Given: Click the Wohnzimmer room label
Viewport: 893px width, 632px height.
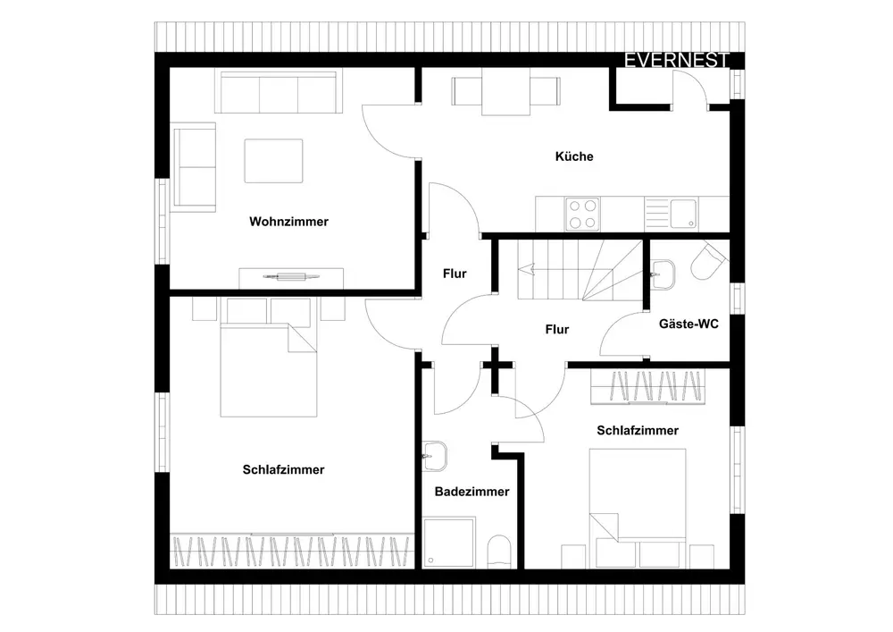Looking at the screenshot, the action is click(x=288, y=222).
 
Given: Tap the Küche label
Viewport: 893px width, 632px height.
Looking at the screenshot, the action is click(x=574, y=156).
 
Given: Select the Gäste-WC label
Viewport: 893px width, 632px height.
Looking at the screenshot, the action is click(x=688, y=324).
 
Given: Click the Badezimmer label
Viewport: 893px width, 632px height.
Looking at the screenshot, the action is click(x=472, y=492).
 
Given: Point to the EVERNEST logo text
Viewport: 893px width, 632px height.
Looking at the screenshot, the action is click(x=677, y=61).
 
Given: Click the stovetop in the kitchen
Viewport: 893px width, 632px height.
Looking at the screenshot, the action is click(x=582, y=214).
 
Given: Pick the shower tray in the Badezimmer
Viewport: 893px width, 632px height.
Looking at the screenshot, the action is click(x=451, y=544).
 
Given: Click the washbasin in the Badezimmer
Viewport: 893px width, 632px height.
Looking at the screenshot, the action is click(x=435, y=456).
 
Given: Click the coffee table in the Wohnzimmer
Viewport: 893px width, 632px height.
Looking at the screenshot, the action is click(x=273, y=161).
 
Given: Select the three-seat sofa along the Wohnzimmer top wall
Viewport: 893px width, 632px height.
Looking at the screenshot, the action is click(x=277, y=92).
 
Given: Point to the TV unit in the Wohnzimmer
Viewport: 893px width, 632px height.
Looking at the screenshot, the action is click(x=291, y=275).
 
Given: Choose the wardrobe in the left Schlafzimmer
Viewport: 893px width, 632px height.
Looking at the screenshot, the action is click(x=293, y=552).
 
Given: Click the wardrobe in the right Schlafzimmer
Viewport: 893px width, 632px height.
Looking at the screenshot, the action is click(x=647, y=385).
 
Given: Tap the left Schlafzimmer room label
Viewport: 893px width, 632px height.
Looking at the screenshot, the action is click(x=283, y=470).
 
